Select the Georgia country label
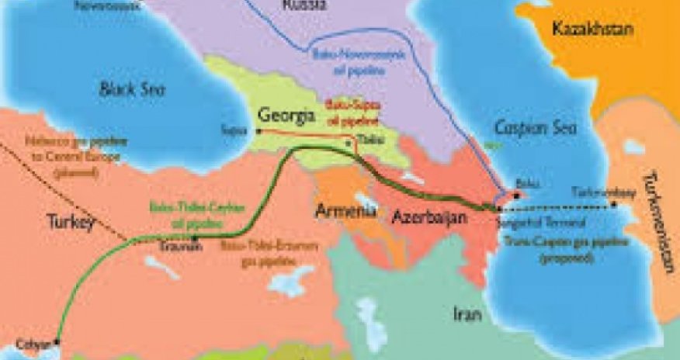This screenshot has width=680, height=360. coord(287,117)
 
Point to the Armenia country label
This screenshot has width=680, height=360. coord(346,209)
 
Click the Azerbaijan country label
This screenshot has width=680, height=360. coord(428,216)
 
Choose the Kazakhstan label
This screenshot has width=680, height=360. coord(593,29)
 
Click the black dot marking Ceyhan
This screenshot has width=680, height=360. coord(56,341)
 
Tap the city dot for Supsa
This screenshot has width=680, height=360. coord(256,130)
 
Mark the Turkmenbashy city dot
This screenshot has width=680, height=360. coord(614,206)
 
